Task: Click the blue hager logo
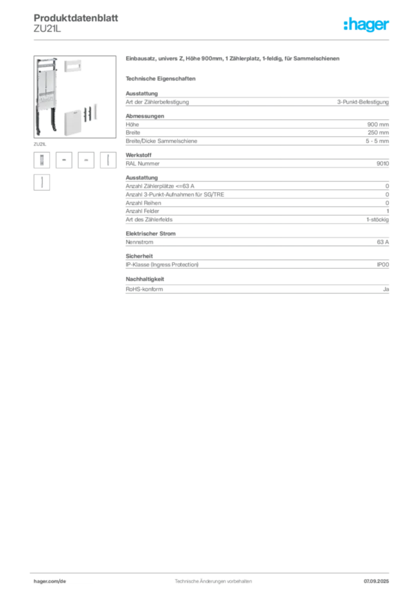coord(367,25)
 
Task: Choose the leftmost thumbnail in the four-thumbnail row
coord(41,160)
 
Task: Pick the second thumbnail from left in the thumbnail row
coord(65,160)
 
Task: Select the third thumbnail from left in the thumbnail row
coord(87,160)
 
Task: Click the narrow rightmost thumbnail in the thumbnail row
coord(108,160)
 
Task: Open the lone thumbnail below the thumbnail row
coord(41,183)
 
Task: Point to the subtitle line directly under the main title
coord(163,77)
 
